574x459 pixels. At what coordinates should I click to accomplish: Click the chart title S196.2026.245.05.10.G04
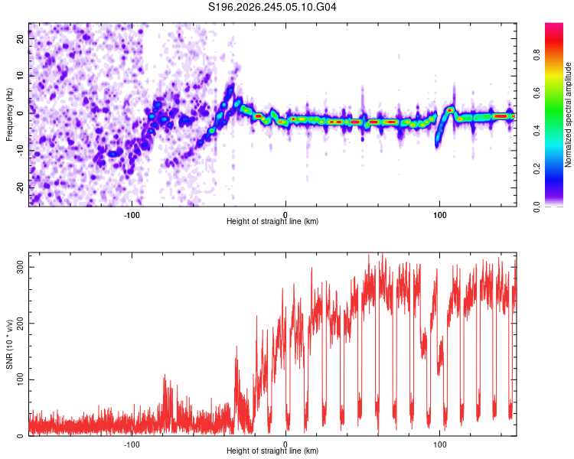coord(272,7)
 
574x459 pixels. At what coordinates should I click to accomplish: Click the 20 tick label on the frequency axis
coord(20,38)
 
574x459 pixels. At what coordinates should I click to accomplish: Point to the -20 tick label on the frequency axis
coord(20,187)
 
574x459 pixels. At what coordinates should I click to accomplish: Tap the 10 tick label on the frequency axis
coord(20,76)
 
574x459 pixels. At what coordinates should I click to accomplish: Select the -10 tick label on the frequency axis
coord(20,151)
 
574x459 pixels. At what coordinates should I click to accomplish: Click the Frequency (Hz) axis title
coord(9,115)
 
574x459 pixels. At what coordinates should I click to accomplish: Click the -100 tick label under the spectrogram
coord(132,215)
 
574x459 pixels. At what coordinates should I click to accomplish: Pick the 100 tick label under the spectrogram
coord(439,215)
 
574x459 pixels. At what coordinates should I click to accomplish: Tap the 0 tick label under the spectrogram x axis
coord(285,215)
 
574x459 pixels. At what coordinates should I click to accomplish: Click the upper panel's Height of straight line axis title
coord(272,221)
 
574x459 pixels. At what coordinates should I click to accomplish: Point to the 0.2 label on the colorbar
coord(536,169)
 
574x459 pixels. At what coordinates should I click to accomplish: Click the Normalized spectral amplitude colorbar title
coord(568,115)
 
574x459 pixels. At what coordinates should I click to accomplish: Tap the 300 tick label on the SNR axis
coord(20,267)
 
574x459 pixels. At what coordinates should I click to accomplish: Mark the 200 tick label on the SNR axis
coord(20,324)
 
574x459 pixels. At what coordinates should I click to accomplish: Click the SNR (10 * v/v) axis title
coord(9,344)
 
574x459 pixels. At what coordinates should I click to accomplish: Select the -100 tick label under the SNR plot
coord(132,444)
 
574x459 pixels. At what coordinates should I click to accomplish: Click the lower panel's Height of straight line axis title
coord(272,451)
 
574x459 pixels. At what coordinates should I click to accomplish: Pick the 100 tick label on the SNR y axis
coord(20,380)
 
